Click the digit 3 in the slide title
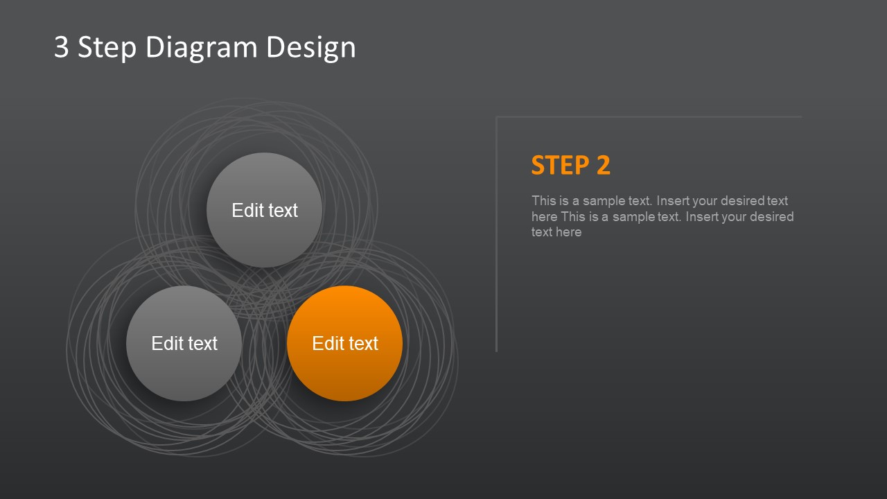pos(62,47)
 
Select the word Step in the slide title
pos(107,49)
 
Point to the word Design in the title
pos(311,49)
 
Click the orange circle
pos(345,343)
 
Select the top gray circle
pos(265,210)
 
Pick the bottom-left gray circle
pos(184,343)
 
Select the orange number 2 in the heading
pos(604,165)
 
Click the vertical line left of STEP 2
pos(497,234)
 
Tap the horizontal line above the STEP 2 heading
pos(649,117)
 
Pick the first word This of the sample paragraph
pos(544,201)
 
